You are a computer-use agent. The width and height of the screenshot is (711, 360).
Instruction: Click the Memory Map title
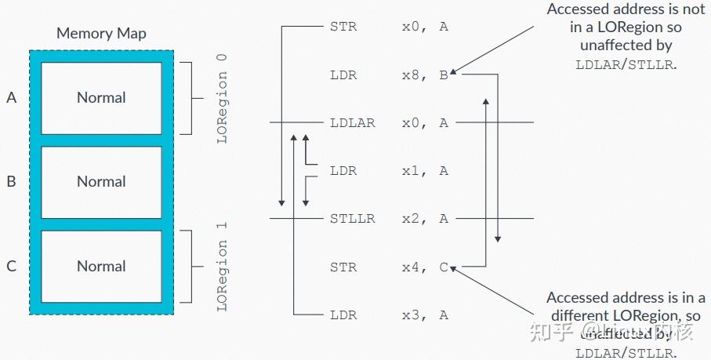point(101,34)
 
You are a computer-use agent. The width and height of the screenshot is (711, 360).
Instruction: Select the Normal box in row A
point(101,98)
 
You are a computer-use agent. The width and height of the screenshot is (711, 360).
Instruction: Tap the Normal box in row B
point(101,182)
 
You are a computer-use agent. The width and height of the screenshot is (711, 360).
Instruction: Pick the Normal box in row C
point(101,267)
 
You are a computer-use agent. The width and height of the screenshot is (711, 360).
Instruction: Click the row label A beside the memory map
point(11,98)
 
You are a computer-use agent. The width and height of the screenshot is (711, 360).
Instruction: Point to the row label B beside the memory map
point(11,182)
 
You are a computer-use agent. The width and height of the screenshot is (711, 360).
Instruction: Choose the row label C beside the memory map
point(11,267)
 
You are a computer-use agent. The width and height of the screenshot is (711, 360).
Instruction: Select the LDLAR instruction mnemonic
point(353,123)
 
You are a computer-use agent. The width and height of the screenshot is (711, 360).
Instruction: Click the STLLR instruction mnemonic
point(353,219)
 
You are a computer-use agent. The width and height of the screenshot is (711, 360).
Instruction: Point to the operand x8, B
point(424,75)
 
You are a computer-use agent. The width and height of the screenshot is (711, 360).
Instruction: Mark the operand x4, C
point(424,267)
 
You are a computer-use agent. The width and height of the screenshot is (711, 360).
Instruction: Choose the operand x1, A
point(424,171)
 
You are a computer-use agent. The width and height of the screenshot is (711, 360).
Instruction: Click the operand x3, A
point(424,315)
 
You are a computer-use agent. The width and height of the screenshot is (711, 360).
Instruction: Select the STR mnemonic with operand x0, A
point(343,27)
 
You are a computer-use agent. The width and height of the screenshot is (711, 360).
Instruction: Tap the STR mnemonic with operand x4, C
point(343,267)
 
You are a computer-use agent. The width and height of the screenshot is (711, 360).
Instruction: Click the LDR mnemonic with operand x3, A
point(343,315)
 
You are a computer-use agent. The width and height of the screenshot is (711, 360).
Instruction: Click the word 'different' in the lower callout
point(582,316)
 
